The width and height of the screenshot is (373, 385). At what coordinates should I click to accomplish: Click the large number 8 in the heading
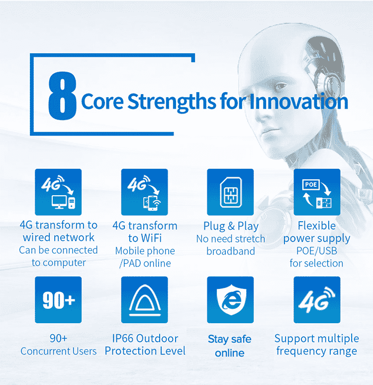coord(62,96)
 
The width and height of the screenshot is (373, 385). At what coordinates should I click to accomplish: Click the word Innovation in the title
coord(298,102)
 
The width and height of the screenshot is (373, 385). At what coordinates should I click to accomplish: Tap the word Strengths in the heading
coord(172,102)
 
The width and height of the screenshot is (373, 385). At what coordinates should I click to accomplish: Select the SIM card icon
coord(231,192)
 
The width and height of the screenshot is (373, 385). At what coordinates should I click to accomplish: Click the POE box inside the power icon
coord(311,185)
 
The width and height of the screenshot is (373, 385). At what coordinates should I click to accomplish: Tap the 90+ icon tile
coord(58,300)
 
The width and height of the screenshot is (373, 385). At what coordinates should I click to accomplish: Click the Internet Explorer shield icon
coord(231,299)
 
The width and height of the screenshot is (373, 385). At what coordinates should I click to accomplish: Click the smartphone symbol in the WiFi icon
coord(153,203)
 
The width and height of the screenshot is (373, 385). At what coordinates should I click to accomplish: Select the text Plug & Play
coord(231,226)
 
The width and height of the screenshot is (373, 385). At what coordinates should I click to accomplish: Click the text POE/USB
coord(317,251)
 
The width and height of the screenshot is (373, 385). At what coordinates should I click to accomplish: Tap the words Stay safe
coord(230,339)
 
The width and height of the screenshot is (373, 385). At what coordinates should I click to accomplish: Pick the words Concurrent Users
coord(58,351)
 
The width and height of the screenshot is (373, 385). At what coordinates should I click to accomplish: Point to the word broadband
coord(231,251)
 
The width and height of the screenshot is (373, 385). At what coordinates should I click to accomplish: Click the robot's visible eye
coord(280,87)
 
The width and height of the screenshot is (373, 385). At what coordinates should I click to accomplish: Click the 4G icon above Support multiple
coord(317,300)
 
